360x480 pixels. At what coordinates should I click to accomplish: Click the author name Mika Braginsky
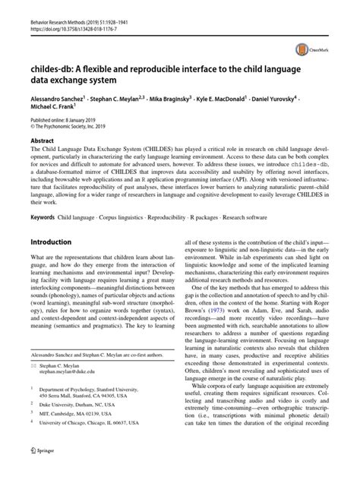(178, 99)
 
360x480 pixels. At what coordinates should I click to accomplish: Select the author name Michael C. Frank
(53, 109)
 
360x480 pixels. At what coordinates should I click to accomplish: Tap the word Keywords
(42, 217)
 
